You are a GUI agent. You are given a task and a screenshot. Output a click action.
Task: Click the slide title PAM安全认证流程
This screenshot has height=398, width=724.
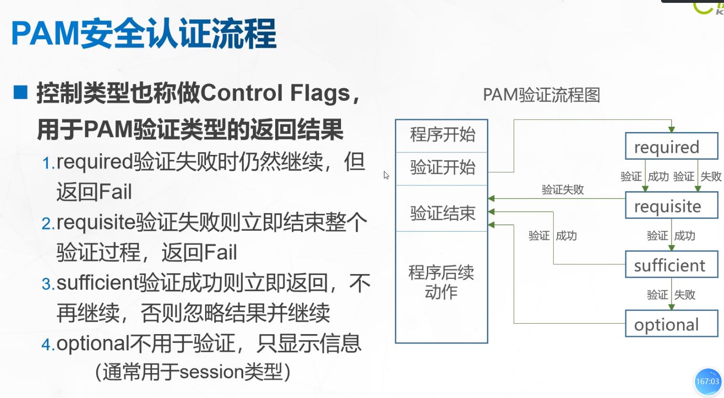tap(144, 33)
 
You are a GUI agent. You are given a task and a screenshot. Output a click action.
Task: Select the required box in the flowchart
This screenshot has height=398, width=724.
tap(671, 146)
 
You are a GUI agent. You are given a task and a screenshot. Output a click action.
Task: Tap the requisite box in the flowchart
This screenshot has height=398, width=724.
tap(671, 206)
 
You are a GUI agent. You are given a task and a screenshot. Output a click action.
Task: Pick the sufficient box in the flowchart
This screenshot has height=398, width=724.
tap(671, 265)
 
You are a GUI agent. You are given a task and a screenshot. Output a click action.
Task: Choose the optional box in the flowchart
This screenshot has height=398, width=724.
tap(671, 324)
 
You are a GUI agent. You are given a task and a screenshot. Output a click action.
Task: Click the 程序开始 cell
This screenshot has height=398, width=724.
tap(442, 135)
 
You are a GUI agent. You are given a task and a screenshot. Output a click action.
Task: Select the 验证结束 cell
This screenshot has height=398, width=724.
tap(442, 213)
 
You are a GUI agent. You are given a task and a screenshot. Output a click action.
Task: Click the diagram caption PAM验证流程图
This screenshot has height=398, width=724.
tap(541, 95)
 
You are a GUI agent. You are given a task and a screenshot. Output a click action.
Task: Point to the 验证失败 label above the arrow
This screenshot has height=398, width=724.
tap(563, 190)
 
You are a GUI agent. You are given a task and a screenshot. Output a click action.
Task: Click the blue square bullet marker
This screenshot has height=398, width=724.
tap(21, 92)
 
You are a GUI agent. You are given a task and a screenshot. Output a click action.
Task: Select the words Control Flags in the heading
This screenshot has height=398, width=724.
tap(277, 93)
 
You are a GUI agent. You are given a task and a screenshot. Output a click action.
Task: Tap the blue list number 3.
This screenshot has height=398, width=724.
tap(48, 285)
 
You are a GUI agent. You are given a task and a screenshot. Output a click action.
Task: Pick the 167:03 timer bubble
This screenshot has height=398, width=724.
tap(708, 381)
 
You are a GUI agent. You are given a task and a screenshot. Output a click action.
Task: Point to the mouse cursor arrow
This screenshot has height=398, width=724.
tap(386, 175)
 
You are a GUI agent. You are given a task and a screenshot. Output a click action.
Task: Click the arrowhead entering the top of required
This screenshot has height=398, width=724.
tap(672, 129)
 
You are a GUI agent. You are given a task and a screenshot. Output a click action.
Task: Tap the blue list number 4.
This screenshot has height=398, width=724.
tap(48, 345)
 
